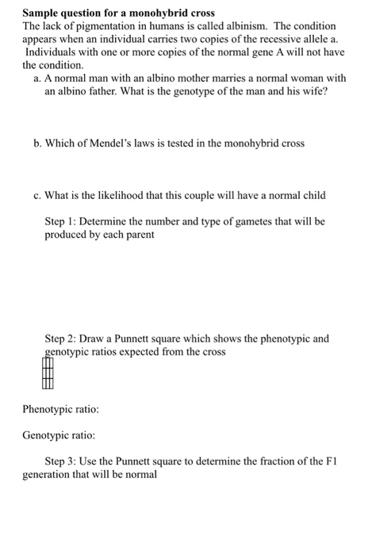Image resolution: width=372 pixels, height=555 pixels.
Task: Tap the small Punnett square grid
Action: pyautogui.click(x=48, y=373)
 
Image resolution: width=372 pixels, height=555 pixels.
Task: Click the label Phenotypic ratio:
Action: pyautogui.click(x=60, y=410)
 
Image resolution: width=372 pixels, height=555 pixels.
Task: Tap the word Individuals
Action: pyautogui.click(x=52, y=52)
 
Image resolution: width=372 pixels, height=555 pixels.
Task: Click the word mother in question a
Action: pyautogui.click(x=182, y=78)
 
